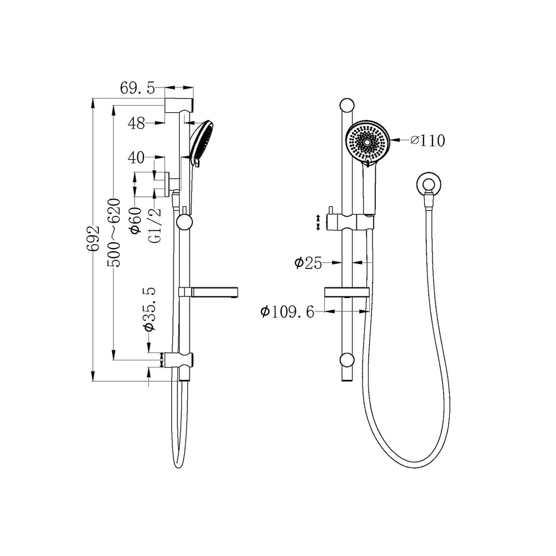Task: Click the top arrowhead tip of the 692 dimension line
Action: [x=93, y=98]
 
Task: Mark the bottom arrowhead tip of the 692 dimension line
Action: [x=93, y=381]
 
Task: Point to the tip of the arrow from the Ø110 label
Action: [x=390, y=140]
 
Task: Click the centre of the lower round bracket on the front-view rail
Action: [x=346, y=360]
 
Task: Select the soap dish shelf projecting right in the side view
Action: [x=208, y=292]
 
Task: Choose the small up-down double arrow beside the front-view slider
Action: [x=318, y=222]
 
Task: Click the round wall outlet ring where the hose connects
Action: [x=428, y=184]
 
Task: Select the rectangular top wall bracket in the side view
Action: [x=179, y=105]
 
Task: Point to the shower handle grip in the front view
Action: [x=369, y=188]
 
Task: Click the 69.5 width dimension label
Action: [x=137, y=88]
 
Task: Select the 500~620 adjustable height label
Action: [x=114, y=232]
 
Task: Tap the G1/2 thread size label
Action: [x=156, y=225]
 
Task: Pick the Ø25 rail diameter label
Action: [x=308, y=263]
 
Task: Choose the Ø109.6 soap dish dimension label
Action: [x=287, y=312]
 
